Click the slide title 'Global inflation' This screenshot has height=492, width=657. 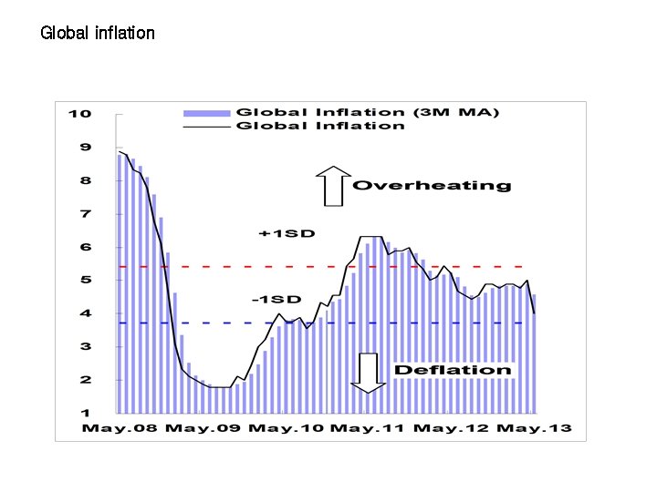(98, 33)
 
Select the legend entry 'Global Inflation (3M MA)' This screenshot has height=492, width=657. (368, 112)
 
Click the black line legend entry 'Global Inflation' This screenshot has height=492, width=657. (320, 126)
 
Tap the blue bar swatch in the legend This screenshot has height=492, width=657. (207, 113)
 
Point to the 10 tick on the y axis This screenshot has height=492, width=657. (79, 114)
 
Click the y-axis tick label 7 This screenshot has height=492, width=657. (85, 214)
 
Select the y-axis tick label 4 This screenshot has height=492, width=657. (85, 313)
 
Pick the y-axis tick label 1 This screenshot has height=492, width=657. (85, 414)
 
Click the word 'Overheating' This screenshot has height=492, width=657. (432, 186)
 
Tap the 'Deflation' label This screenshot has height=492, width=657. (453, 370)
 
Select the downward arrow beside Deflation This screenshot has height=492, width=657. (367, 373)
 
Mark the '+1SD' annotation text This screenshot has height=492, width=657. (287, 234)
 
